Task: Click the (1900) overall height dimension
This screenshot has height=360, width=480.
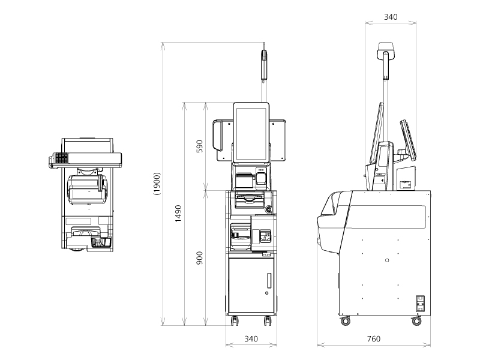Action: pos(157,184)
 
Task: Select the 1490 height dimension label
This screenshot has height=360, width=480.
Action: pos(178,214)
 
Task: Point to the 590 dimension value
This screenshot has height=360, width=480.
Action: pos(199,146)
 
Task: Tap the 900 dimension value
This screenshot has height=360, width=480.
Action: pos(199,258)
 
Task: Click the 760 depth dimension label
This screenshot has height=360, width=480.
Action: pos(373,339)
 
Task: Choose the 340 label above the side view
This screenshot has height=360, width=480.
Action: pos(391,17)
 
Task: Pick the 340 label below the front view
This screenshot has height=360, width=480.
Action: pos(251,339)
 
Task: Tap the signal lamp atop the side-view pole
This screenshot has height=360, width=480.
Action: pos(386,50)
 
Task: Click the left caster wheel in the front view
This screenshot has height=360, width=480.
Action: pos(235,321)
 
